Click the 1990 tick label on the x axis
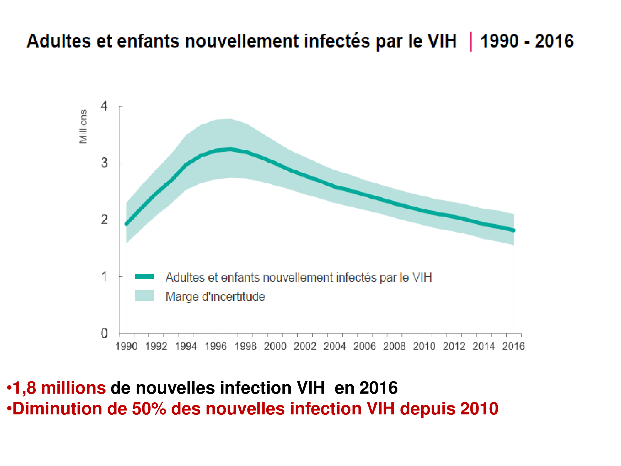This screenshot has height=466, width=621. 126,346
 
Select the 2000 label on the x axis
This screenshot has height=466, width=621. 275,346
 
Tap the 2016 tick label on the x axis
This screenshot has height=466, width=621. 513,346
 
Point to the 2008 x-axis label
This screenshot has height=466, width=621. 394,346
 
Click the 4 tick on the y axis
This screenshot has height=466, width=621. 104,106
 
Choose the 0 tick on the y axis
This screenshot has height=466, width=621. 104,333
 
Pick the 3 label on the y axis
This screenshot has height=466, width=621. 104,163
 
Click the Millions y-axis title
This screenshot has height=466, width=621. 83,126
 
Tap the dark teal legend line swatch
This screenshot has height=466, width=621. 144,277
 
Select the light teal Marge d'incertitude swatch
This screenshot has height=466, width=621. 144,295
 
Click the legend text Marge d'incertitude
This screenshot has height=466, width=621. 215,296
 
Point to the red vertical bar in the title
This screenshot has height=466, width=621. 471,42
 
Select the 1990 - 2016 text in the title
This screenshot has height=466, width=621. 527,41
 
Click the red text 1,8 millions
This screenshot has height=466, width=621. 59,388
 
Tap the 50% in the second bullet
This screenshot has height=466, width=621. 149,409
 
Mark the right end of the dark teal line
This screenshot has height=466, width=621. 514,230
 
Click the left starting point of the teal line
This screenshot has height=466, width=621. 126,224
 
